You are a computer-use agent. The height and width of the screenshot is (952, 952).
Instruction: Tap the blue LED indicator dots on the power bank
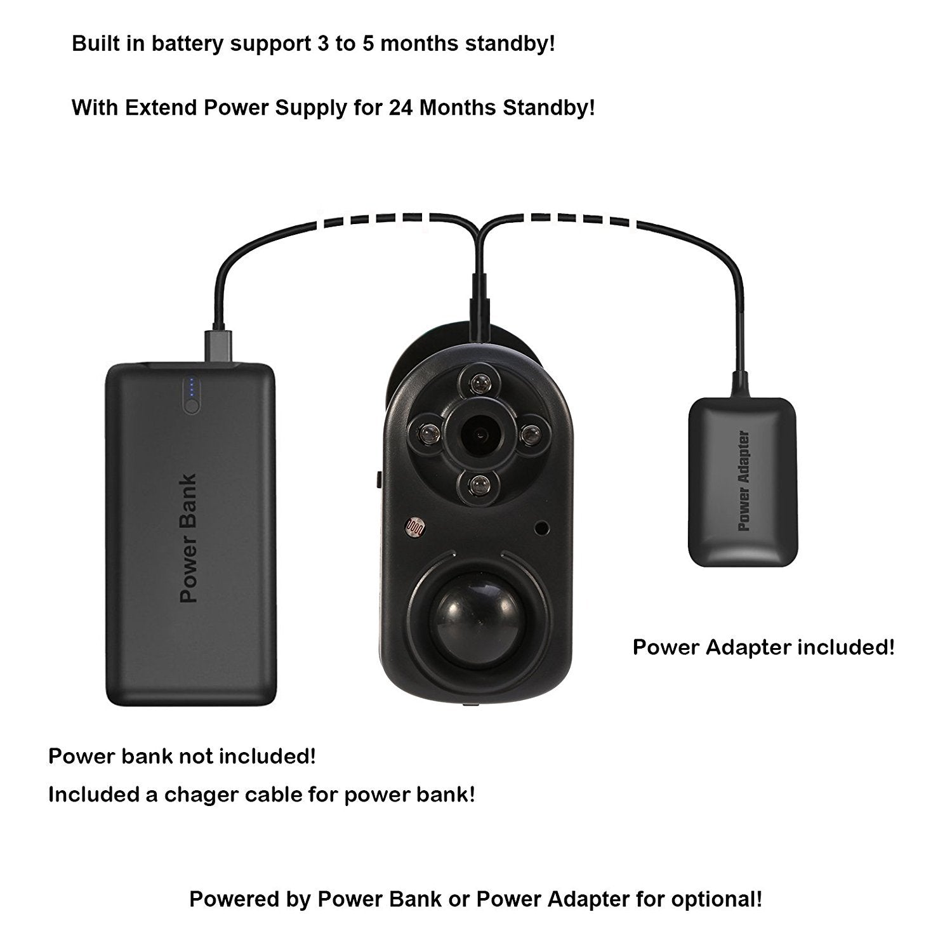[192, 387]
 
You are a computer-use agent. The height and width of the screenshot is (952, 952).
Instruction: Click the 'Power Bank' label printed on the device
[189, 538]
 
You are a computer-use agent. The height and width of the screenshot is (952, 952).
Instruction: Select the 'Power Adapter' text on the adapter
[744, 481]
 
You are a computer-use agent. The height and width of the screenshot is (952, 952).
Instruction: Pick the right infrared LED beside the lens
[529, 433]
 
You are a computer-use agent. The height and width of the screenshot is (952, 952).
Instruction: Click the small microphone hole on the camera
[541, 527]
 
